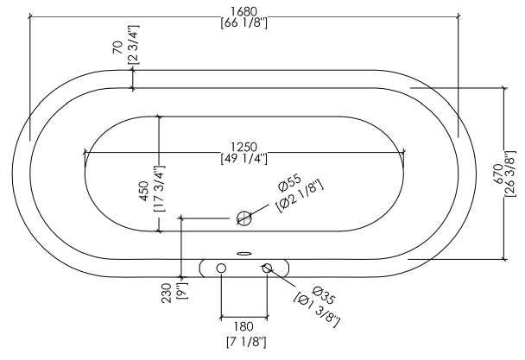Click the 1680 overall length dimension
coord(244,11)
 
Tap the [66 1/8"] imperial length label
coord(244,23)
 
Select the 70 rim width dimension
coord(117,47)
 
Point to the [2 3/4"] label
coord(133,45)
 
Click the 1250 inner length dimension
coord(244,147)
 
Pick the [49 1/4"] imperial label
coord(244,159)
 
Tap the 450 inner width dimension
coord(144,191)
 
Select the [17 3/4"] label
coord(160,188)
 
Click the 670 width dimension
coord(498,174)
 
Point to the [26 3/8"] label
coord(509,174)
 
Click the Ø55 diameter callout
coord(290,183)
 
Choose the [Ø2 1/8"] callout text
coord(300,196)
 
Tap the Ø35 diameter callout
coord(324,296)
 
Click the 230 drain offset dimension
coord(167,294)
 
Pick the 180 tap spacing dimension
coord(244,326)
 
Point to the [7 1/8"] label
coord(246,342)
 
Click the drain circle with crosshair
coord(244,218)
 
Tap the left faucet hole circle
coord(221,268)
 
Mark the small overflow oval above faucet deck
coord(244,254)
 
